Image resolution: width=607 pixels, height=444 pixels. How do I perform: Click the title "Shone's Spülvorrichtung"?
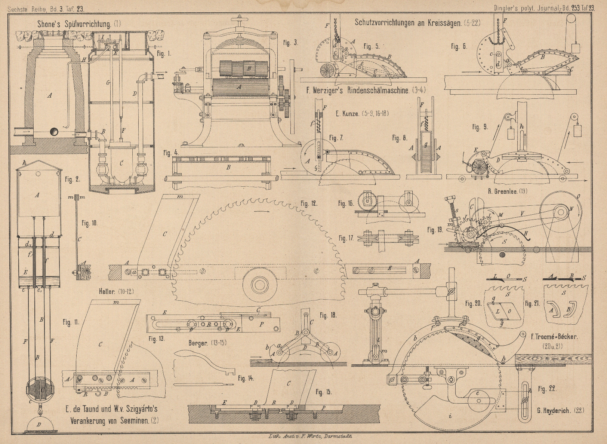[74, 25]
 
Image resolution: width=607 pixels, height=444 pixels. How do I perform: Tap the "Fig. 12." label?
[309, 203]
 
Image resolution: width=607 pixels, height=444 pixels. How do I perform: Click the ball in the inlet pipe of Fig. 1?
[54, 132]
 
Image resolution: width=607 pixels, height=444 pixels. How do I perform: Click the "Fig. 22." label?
[547, 389]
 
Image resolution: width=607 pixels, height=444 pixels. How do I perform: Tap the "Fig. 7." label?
[336, 138]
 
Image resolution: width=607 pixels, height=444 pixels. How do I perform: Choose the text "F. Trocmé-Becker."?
[554, 337]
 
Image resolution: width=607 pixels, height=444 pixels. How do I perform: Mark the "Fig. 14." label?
[245, 379]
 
